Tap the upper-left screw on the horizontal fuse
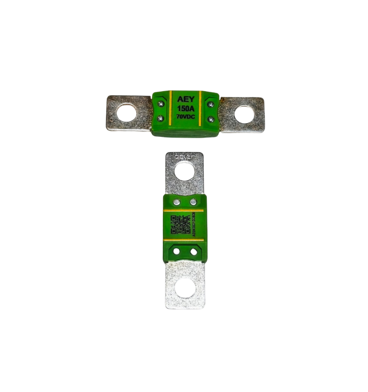[x=160, y=104]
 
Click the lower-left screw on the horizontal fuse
[x=160, y=118]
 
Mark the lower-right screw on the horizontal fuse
[x=211, y=118]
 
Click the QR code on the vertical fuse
[x=180, y=225]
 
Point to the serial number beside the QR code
[x=194, y=225]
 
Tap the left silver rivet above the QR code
[x=177, y=202]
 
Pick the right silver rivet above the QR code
[x=193, y=202]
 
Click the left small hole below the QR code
[x=176, y=251]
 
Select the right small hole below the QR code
[x=193, y=251]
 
